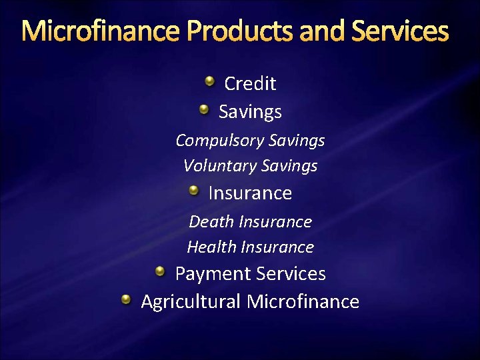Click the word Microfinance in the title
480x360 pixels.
101,31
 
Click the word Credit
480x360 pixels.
250,83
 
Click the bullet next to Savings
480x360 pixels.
205,109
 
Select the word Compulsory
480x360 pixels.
219,141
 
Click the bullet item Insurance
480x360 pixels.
250,193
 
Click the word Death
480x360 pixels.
211,221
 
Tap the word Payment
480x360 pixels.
209,274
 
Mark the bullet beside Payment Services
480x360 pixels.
161,272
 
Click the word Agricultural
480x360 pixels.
191,302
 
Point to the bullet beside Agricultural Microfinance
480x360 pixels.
127,300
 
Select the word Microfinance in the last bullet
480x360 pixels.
303,302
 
